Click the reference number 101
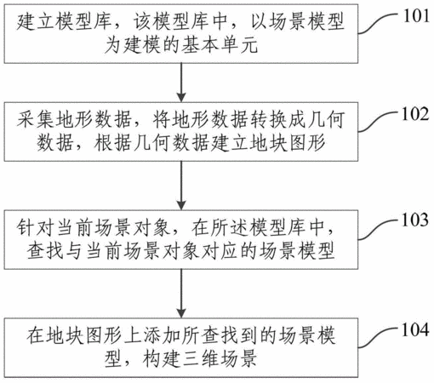(x=416, y=16)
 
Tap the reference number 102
(x=415, y=114)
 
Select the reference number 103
(x=415, y=220)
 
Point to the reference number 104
(x=415, y=329)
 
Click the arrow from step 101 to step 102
(x=181, y=83)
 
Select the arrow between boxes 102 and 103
(x=181, y=186)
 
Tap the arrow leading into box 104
(x=181, y=294)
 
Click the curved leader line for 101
(x=379, y=23)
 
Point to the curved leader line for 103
(x=379, y=229)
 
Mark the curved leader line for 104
(x=379, y=338)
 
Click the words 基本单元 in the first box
(x=220, y=45)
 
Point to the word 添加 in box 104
(x=161, y=335)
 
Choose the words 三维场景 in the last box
(x=220, y=358)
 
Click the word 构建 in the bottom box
(x=161, y=358)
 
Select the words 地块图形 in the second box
(x=288, y=143)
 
